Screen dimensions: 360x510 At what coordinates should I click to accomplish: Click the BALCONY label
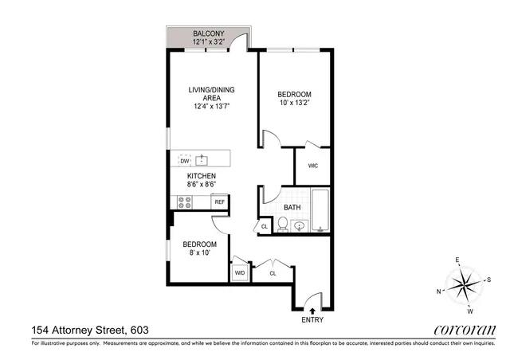coord(209,33)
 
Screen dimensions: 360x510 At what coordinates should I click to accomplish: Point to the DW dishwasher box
coord(184,160)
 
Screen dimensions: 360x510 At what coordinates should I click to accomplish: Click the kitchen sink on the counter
coord(202,159)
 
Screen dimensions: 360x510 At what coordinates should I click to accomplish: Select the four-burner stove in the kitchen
coord(185,202)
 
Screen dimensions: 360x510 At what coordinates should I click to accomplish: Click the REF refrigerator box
coord(219,202)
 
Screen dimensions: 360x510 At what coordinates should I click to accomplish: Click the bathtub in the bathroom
coord(320,211)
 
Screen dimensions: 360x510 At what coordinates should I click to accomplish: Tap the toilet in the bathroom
coord(281,226)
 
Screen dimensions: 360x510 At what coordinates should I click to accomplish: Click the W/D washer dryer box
coord(240,273)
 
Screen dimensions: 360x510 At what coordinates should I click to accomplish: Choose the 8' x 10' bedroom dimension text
coord(198,253)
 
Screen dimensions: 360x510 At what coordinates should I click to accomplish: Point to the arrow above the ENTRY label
coord(312,310)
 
